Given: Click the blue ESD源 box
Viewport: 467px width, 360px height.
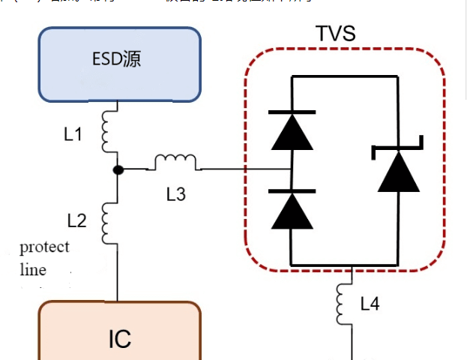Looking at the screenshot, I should click(120, 64).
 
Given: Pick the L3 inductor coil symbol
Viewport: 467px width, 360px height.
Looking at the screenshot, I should click(175, 162).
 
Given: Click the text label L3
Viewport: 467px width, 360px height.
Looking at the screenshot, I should click(175, 195).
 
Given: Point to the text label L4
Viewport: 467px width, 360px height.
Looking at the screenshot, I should click(370, 304).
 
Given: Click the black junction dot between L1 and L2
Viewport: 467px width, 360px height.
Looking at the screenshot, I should click(118, 169).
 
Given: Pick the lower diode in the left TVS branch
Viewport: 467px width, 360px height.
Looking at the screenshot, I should click(291, 209).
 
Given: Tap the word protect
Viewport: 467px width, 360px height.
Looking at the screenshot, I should click(44, 247).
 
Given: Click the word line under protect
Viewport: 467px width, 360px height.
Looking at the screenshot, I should click(33, 270).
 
